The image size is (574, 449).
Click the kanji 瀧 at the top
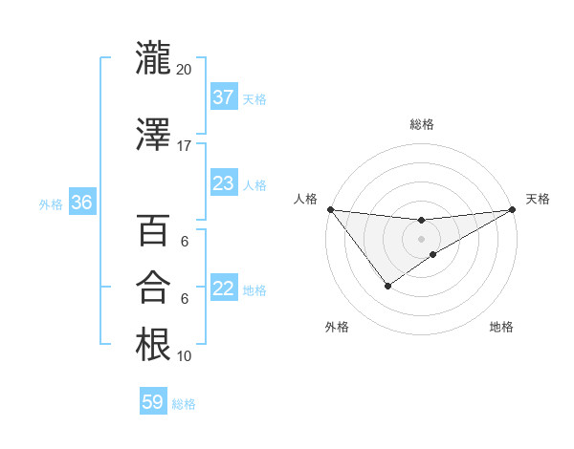click(x=153, y=58)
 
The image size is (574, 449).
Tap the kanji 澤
click(x=153, y=136)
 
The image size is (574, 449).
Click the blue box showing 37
click(x=224, y=97)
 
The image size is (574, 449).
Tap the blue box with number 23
click(x=224, y=183)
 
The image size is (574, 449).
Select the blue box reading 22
click(x=224, y=289)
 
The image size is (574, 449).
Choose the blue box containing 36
click(x=82, y=203)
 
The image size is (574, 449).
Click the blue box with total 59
click(x=153, y=402)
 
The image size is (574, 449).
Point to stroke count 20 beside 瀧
click(x=184, y=69)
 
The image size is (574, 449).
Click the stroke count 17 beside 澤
click(x=184, y=146)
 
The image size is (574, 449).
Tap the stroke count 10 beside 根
click(x=184, y=355)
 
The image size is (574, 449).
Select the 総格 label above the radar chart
click(x=421, y=125)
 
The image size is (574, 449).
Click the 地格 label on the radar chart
click(x=501, y=327)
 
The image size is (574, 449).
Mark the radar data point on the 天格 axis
click(x=512, y=209)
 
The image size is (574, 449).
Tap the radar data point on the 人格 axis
click(x=330, y=209)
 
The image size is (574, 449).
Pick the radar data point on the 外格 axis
click(x=387, y=286)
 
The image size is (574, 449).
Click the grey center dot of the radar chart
click(x=421, y=239)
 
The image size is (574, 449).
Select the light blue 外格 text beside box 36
click(x=50, y=203)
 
